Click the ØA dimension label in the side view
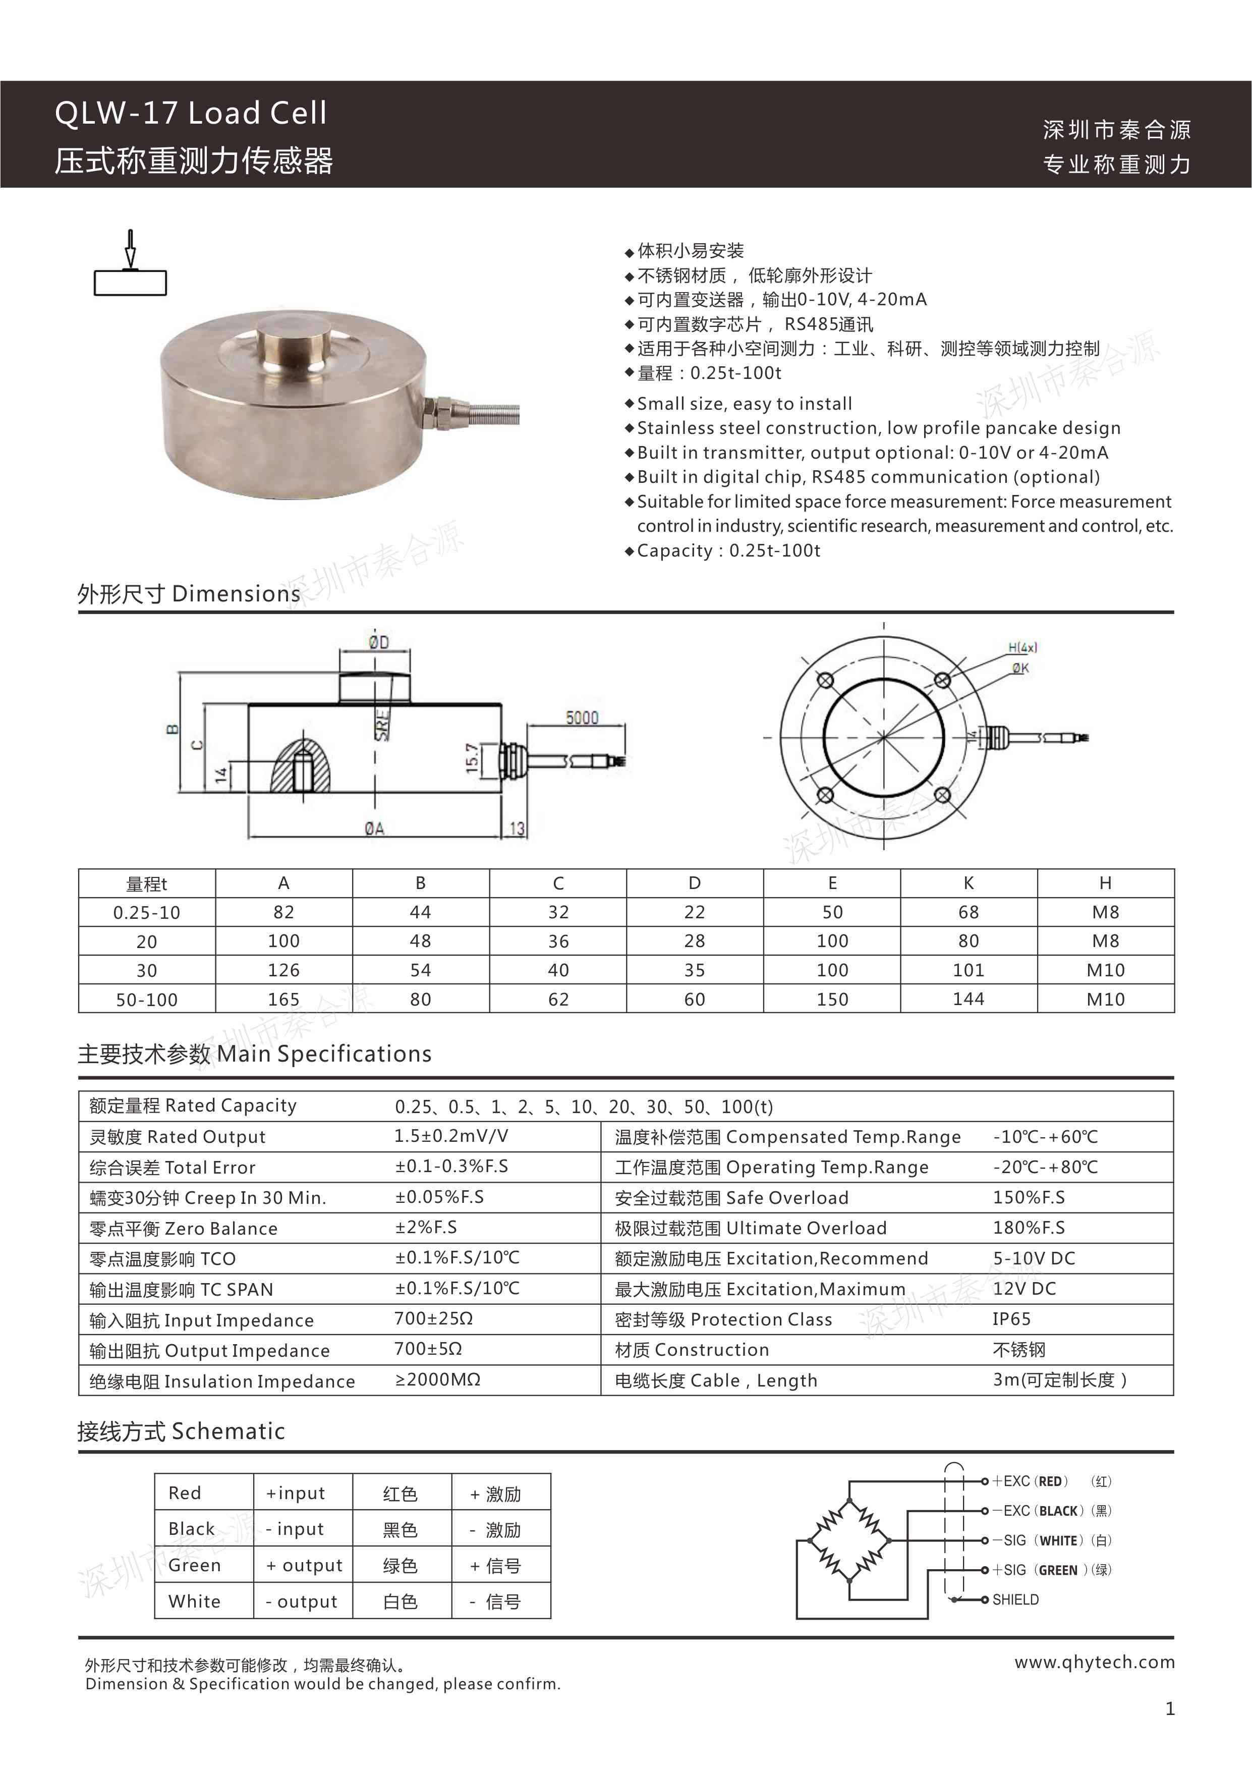[x=375, y=828]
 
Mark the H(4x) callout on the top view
[x=1022, y=647]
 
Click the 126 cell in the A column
[x=283, y=970]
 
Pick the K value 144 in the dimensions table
[x=969, y=999]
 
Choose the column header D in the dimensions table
[x=695, y=883]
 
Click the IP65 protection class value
[x=1011, y=1319]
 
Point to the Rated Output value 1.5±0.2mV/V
[x=451, y=1136]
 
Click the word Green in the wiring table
[x=194, y=1565]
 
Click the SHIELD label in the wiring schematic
[x=1015, y=1599]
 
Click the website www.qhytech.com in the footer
[x=1094, y=1662]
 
